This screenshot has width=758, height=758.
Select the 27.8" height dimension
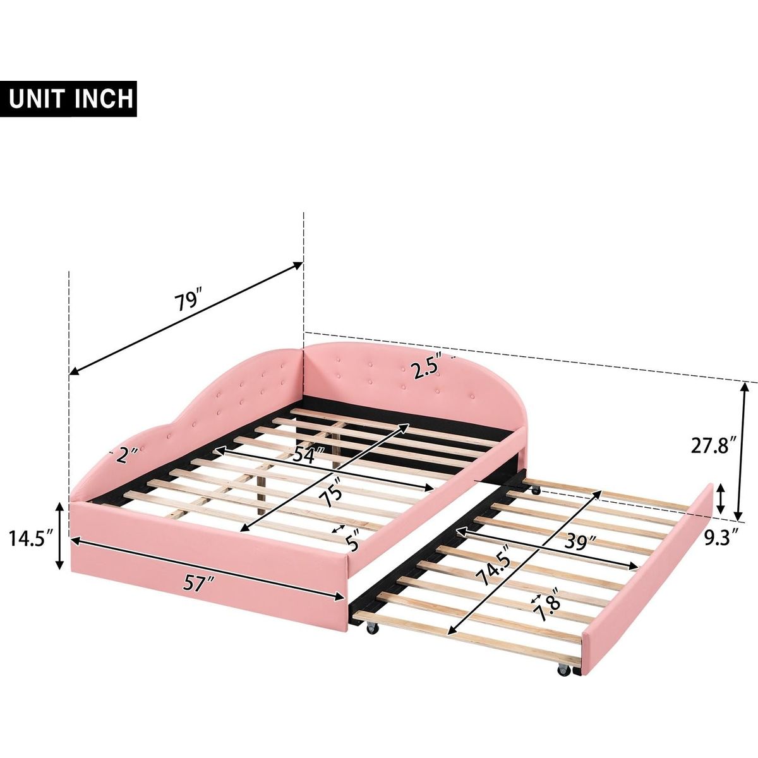(x=713, y=446)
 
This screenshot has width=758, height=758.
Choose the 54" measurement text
(x=310, y=455)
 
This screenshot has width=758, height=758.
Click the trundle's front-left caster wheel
(x=371, y=640)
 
